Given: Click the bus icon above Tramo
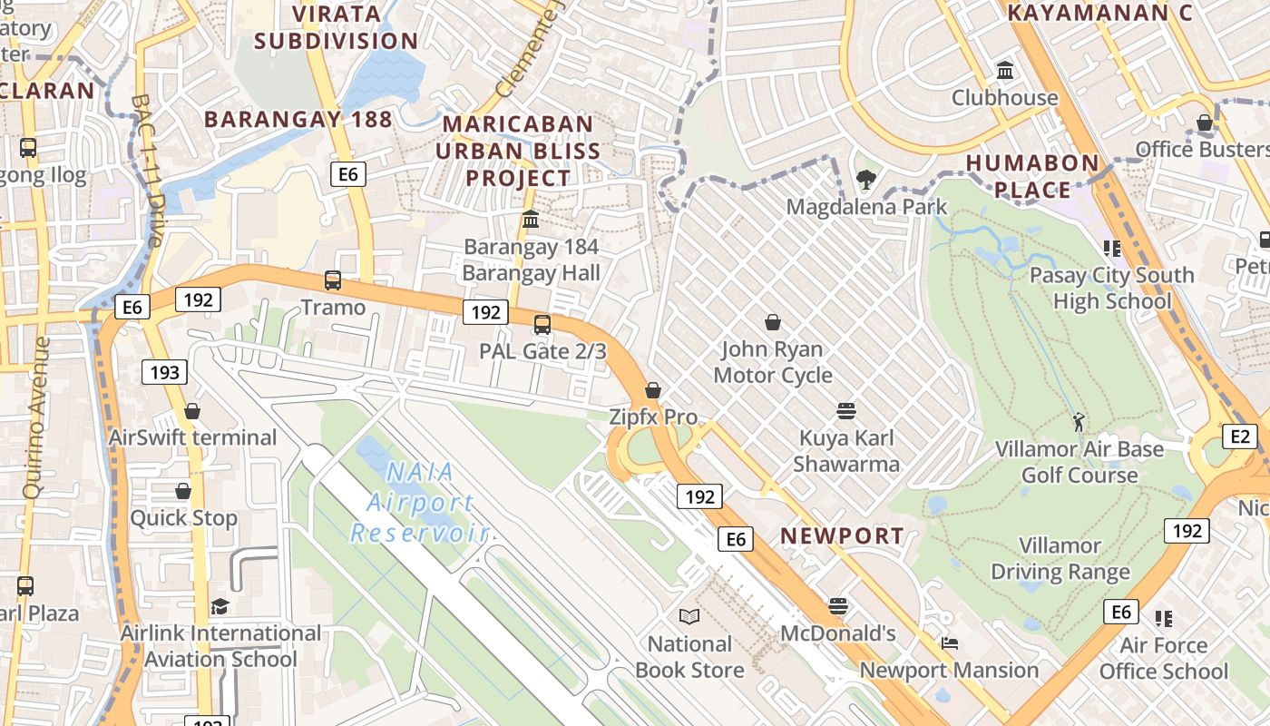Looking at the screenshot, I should (333, 280).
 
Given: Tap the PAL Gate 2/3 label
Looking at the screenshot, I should (542, 350).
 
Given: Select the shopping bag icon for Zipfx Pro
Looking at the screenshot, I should (652, 390).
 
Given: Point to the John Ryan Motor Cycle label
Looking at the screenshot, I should (772, 362).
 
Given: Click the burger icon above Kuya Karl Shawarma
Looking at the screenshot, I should (846, 411).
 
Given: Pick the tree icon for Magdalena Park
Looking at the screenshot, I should (865, 180).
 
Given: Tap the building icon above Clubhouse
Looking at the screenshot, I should (1005, 70).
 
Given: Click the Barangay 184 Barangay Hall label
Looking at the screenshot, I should (531, 260).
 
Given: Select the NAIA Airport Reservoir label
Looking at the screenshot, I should (419, 502).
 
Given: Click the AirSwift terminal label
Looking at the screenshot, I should (192, 437).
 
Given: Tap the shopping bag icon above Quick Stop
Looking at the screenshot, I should (183, 491).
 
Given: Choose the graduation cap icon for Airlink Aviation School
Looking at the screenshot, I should (220, 606).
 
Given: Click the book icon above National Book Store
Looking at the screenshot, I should (689, 617).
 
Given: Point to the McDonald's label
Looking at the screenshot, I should (837, 633).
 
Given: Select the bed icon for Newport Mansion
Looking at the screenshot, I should (949, 643).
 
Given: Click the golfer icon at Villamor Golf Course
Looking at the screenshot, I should (1079, 422).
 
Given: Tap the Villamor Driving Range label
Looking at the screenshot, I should (1060, 558).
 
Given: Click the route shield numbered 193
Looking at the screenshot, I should (165, 371).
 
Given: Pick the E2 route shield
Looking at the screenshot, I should (1240, 437).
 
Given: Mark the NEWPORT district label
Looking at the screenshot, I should (842, 535).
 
